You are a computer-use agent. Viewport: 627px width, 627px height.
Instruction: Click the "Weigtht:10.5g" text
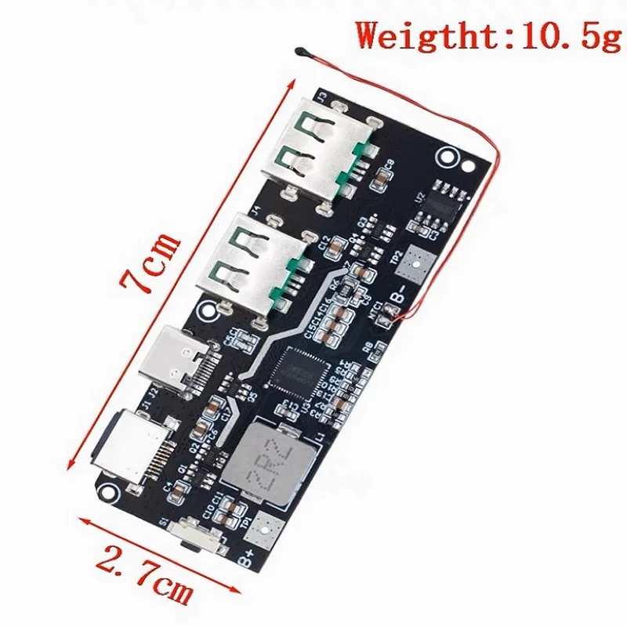click(x=486, y=34)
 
